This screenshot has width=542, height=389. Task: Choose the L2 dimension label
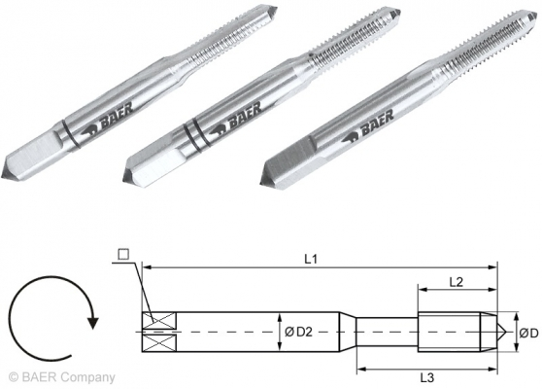point(455,280)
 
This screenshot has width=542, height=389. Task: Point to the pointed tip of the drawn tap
point(501,332)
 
